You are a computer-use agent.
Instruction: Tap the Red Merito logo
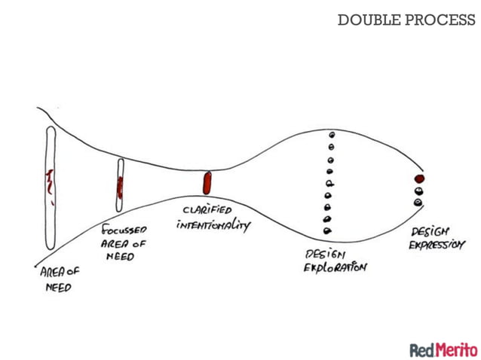[x=443, y=349]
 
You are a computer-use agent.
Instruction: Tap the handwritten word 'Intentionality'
[x=213, y=224]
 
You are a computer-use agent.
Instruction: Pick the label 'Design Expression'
[x=437, y=238]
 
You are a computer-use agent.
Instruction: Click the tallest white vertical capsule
[x=49, y=188]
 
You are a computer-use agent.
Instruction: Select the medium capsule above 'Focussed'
[x=120, y=184]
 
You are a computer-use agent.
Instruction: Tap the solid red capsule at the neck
[x=207, y=183]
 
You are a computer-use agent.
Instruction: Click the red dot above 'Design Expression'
[x=419, y=179]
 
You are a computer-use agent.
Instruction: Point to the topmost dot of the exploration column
[x=330, y=134]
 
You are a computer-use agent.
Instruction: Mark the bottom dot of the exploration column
[x=327, y=230]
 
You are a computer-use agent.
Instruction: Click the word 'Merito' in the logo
[x=457, y=349]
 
